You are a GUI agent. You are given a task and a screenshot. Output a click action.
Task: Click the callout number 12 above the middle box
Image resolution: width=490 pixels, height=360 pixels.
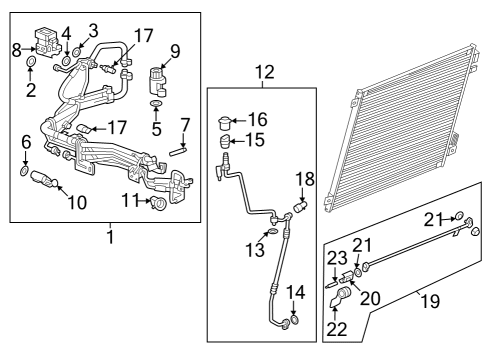(x=263, y=71)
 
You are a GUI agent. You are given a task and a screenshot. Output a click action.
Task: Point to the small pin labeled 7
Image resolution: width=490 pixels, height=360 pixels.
(x=179, y=151)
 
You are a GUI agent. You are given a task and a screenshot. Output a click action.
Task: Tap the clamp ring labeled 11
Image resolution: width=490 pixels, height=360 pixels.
(x=158, y=205)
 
